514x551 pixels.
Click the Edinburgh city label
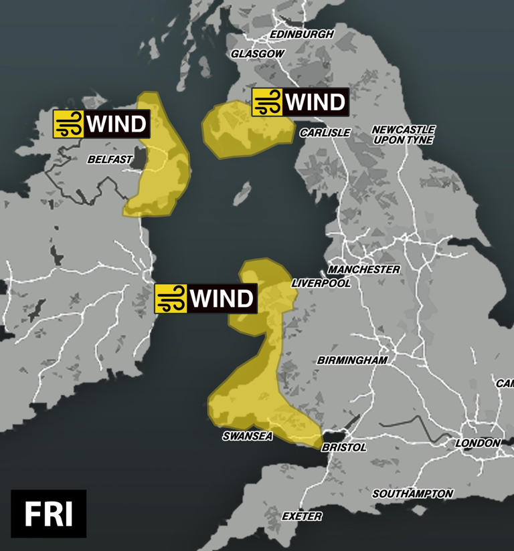click(301, 34)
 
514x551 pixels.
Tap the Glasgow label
click(257, 53)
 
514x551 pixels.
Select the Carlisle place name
click(325, 132)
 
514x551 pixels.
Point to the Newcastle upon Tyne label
click(403, 134)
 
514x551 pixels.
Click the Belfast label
click(110, 159)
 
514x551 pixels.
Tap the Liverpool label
click(321, 283)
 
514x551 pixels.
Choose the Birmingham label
click(352, 360)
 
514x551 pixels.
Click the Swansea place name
click(248, 436)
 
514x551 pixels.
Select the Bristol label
click(344, 447)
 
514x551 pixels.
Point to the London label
click(478, 443)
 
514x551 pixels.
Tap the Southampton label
click(412, 493)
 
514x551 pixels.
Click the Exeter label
click(301, 516)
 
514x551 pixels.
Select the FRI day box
click(48, 514)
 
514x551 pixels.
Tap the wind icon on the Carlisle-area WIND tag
click(266, 102)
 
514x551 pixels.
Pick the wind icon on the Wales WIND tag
click(170, 298)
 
